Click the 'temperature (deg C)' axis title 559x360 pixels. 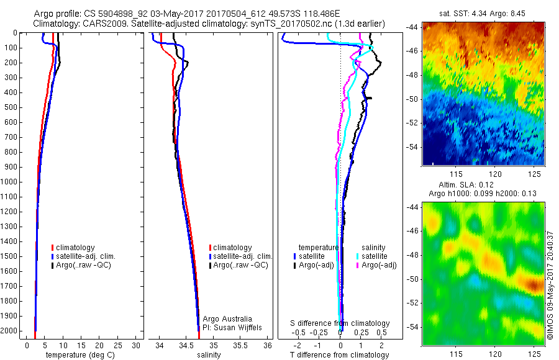[x=78, y=355]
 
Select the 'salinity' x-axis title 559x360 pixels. [x=209, y=355]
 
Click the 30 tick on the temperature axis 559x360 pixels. [x=137, y=346]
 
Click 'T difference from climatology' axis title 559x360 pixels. [x=339, y=355]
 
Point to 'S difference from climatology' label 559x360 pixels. [x=340, y=323]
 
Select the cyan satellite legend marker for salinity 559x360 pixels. [x=358, y=256]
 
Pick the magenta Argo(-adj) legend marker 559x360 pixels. [x=358, y=265]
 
